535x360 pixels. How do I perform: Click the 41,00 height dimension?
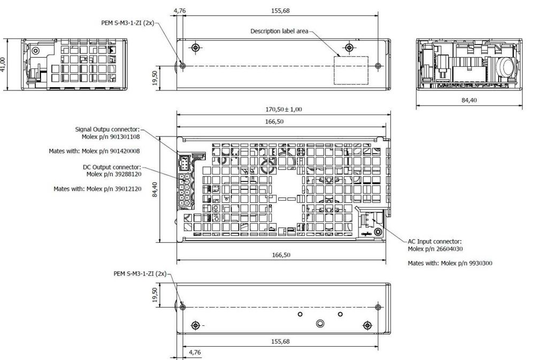pos(3,65)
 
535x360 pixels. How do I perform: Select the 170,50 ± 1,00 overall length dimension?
pos(284,109)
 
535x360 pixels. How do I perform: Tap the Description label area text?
pos(279,31)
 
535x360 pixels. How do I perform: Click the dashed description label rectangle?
pos(351,70)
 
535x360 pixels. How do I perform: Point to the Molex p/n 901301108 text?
pos(111,136)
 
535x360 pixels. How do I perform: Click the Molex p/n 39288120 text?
pos(113,174)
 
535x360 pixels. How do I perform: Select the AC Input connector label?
pos(434,242)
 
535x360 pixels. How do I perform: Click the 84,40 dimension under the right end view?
pos(469,100)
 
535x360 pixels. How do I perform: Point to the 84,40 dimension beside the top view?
pos(155,189)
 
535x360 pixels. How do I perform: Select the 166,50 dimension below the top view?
pos(281,255)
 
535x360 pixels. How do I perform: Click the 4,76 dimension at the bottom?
pos(195,352)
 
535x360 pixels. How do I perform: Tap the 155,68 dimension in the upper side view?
pos(280,11)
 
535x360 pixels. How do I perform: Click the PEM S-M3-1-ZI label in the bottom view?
pos(140,274)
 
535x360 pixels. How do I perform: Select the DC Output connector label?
pos(112,167)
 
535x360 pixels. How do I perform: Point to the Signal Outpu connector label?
pos(108,129)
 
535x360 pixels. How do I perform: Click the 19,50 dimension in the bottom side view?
pos(155,295)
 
